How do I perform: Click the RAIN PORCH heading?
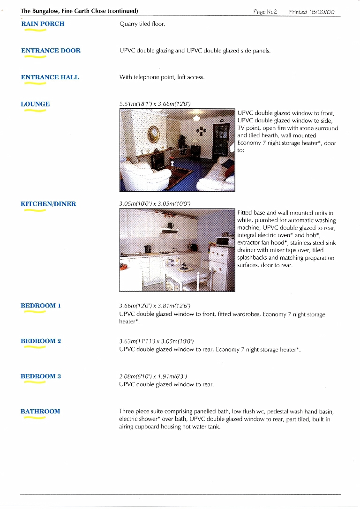coord(43,23)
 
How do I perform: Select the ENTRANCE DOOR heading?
coord(51,51)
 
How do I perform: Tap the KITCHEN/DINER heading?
coord(48,204)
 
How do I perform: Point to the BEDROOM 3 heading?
coord(41,376)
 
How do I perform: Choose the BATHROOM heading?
coord(40,412)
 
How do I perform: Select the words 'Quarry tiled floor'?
coord(142,24)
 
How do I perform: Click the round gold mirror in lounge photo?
coord(153,134)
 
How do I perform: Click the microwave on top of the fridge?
coord(224,242)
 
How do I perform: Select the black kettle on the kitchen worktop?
coord(147,249)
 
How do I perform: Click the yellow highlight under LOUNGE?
coord(35,112)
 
